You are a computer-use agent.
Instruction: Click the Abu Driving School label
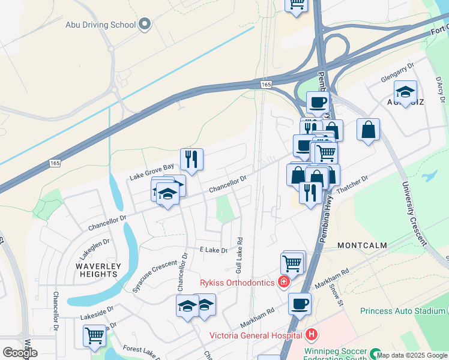pyautogui.click(x=100, y=25)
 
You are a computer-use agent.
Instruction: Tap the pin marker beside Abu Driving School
pyautogui.click(x=144, y=25)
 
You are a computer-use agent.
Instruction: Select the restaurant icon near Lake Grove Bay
pyautogui.click(x=191, y=160)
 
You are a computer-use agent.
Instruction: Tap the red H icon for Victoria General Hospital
pyautogui.click(x=311, y=334)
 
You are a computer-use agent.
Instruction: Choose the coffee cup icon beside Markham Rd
pyautogui.click(x=300, y=304)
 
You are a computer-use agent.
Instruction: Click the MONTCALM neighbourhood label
pyautogui.click(x=362, y=246)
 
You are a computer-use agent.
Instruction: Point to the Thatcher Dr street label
pyautogui.click(x=352, y=189)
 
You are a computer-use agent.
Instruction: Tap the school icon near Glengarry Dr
pyautogui.click(x=406, y=92)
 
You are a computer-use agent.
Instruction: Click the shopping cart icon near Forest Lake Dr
pyautogui.click(x=94, y=336)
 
